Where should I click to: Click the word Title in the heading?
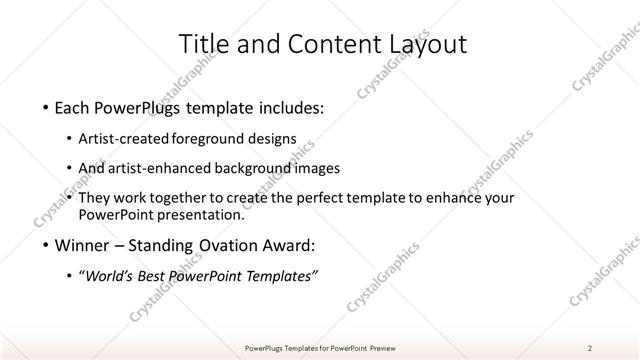[201, 44]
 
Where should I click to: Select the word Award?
[291, 245]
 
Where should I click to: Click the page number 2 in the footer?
[590, 348]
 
